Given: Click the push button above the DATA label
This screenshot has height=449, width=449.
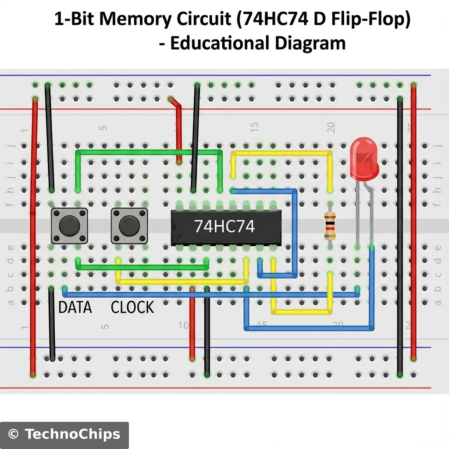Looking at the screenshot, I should click(70, 225).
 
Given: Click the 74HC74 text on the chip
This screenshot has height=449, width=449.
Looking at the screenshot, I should click(224, 226).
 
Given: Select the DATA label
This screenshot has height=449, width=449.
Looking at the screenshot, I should click(75, 307).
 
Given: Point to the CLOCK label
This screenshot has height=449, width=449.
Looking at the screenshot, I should click(132, 307).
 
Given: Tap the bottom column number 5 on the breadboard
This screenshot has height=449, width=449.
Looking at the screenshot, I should click(104, 327).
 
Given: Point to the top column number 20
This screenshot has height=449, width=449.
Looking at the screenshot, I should click(331, 127).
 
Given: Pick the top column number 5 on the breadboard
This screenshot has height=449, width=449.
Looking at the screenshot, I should click(103, 128).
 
